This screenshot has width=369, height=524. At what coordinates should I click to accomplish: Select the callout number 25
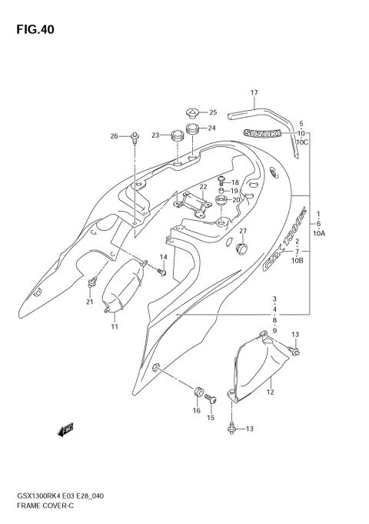click(x=213, y=112)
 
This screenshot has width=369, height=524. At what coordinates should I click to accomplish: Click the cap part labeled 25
click(x=192, y=112)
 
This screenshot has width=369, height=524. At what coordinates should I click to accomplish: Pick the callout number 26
click(x=114, y=136)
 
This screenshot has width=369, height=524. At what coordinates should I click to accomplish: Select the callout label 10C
click(x=302, y=142)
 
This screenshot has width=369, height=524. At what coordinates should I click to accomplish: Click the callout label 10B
click(x=298, y=261)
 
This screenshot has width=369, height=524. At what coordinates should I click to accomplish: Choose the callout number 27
click(x=242, y=232)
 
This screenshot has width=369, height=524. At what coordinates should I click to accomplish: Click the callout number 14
click(x=163, y=256)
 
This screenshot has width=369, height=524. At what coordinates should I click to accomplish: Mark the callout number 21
click(x=89, y=302)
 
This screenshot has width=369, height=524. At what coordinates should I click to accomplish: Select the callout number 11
click(x=114, y=327)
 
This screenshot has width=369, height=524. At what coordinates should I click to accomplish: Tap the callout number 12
click(x=270, y=392)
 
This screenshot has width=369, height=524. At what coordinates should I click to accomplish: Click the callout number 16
click(x=196, y=411)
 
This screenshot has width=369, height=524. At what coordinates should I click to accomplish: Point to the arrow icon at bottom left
click(x=65, y=429)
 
